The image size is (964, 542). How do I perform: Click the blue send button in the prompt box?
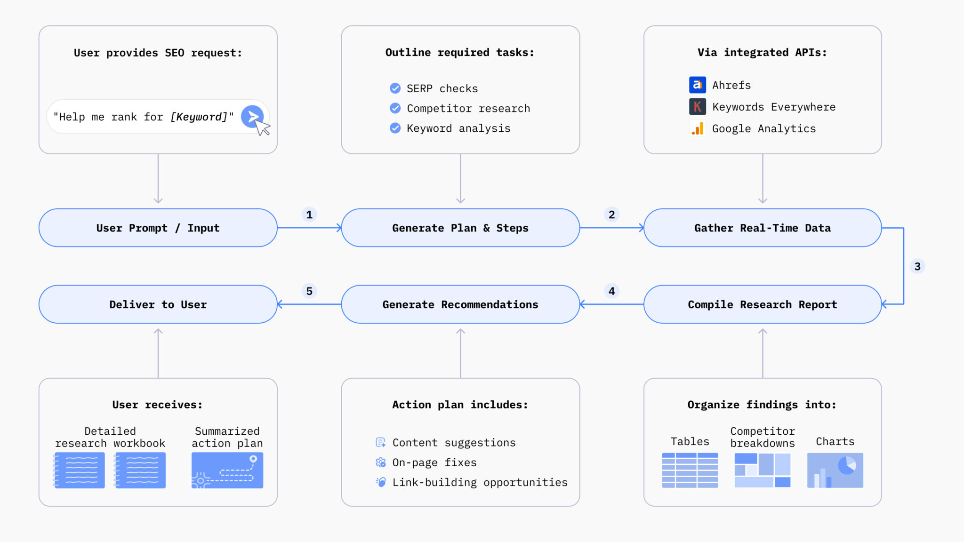[252, 116]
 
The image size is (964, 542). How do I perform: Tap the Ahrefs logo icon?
[697, 85]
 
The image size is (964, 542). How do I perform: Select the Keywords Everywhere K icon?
[697, 107]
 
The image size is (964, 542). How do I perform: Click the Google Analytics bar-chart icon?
[697, 128]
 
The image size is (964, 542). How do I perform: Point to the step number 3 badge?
[917, 266]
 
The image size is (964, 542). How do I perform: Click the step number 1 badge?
[309, 215]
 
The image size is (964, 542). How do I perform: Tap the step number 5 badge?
[309, 291]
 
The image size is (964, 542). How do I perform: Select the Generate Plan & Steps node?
[460, 228]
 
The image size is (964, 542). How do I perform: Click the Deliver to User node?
[158, 304]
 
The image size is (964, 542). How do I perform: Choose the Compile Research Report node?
[762, 304]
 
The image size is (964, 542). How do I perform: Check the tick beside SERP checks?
[395, 88]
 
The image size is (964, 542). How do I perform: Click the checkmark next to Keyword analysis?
[395, 128]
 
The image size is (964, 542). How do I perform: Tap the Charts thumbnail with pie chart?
[835, 470]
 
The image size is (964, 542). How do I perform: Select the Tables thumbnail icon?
[690, 470]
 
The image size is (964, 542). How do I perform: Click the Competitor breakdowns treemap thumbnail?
[762, 470]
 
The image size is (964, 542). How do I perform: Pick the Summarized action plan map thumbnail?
[227, 470]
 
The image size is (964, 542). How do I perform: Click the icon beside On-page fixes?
[380, 462]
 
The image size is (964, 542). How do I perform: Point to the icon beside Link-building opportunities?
[380, 482]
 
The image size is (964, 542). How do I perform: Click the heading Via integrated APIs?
[762, 52]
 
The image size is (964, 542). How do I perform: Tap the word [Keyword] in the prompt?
[199, 117]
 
